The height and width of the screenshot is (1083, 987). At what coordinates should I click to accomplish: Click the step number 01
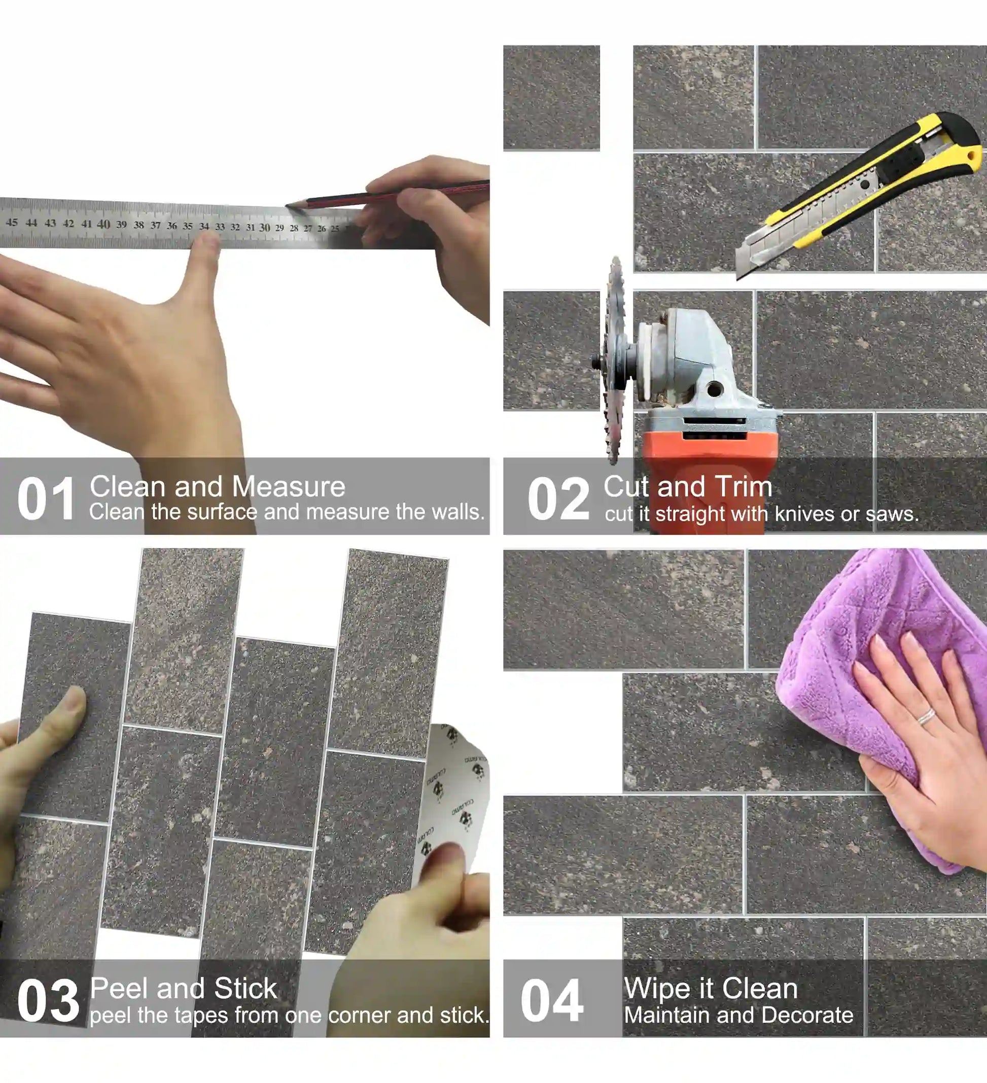pos(46,499)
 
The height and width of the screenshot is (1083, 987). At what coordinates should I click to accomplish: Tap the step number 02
pos(558,499)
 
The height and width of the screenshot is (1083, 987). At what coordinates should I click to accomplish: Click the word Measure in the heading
pos(289,487)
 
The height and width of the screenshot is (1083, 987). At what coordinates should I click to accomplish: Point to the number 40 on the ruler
pos(103,224)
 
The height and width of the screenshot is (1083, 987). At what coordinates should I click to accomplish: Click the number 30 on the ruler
pos(264,228)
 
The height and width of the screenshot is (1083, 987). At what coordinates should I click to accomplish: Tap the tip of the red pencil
pos(288,205)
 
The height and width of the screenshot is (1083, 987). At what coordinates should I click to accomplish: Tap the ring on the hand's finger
pos(926,716)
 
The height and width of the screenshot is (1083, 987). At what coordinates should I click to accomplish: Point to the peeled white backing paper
pos(456,795)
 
